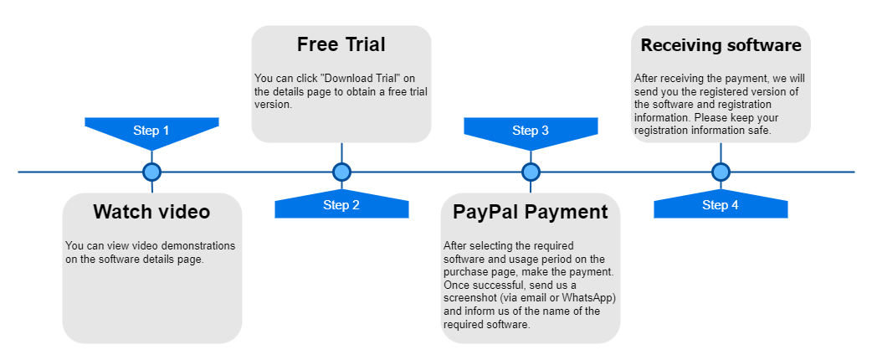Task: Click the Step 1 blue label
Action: (x=151, y=130)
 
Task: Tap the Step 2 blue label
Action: (x=341, y=205)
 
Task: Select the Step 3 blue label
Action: (x=531, y=130)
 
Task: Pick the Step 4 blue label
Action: (x=721, y=205)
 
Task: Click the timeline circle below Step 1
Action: (x=151, y=172)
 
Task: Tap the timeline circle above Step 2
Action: (x=341, y=172)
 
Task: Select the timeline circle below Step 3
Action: (x=531, y=172)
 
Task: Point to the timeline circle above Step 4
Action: (x=721, y=172)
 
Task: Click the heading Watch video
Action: (x=151, y=212)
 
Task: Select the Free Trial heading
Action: (x=341, y=44)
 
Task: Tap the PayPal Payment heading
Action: (x=531, y=212)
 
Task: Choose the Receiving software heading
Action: (x=721, y=44)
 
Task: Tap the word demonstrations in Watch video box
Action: (x=193, y=246)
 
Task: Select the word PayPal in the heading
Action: (x=482, y=212)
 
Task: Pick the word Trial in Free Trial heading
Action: (x=364, y=44)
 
